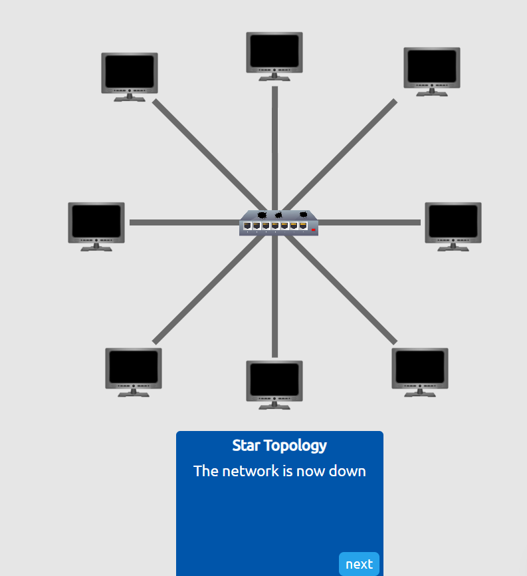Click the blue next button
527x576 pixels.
(x=359, y=564)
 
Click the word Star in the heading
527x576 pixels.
(x=246, y=446)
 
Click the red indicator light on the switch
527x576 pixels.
(x=312, y=229)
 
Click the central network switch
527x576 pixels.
(x=278, y=223)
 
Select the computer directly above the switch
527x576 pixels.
(x=274, y=56)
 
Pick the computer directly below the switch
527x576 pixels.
(x=274, y=384)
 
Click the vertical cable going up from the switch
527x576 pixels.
(x=274, y=146)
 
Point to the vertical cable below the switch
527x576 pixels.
(x=274, y=299)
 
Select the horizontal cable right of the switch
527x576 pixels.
(x=372, y=222)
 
